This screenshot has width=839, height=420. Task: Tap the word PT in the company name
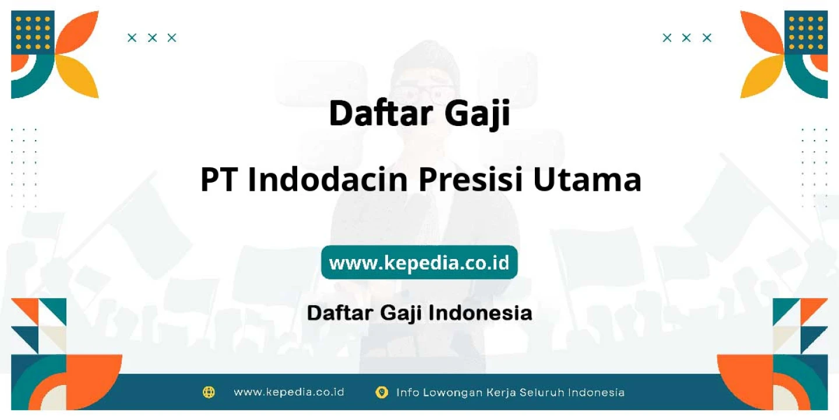219,180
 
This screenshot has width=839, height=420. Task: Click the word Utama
587,180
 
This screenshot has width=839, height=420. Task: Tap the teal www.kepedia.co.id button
419,262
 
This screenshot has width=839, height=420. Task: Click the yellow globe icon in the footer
209,392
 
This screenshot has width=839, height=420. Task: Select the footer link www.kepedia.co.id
289,392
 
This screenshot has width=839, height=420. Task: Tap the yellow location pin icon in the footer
381,393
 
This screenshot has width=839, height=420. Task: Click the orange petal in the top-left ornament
79,33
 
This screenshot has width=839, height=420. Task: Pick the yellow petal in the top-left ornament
79,75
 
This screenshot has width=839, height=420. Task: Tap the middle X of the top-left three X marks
152,38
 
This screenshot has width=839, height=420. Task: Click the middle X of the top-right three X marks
686,38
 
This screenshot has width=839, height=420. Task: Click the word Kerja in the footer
501,393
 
